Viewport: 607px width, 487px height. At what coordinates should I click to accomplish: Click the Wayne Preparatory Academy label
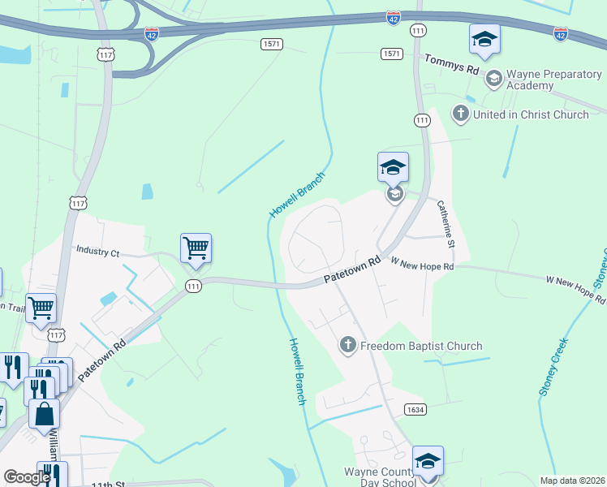point(553,80)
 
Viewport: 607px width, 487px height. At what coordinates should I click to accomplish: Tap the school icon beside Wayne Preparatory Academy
point(493,79)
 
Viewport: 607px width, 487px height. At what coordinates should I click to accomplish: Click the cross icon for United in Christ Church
point(460,114)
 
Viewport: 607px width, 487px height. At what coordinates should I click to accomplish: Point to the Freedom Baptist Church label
point(421,346)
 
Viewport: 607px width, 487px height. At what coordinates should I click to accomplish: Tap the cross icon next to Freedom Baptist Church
point(348,346)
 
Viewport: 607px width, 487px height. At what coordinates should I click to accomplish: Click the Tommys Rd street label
point(451,64)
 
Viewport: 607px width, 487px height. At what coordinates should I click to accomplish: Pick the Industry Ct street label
point(97,252)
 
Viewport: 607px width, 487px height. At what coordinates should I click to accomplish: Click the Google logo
point(27,477)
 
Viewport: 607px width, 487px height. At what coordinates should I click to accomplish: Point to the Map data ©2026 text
point(572,481)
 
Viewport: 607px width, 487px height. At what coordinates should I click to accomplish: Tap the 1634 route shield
point(415,410)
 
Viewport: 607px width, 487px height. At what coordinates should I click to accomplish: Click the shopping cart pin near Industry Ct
point(196,248)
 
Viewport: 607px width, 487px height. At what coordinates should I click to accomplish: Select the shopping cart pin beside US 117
point(41,308)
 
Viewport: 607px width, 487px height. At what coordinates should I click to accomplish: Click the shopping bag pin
point(44,413)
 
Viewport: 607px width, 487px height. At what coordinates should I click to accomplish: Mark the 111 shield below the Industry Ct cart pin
point(193,287)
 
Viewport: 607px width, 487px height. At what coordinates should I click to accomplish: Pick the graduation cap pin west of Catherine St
point(393,167)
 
